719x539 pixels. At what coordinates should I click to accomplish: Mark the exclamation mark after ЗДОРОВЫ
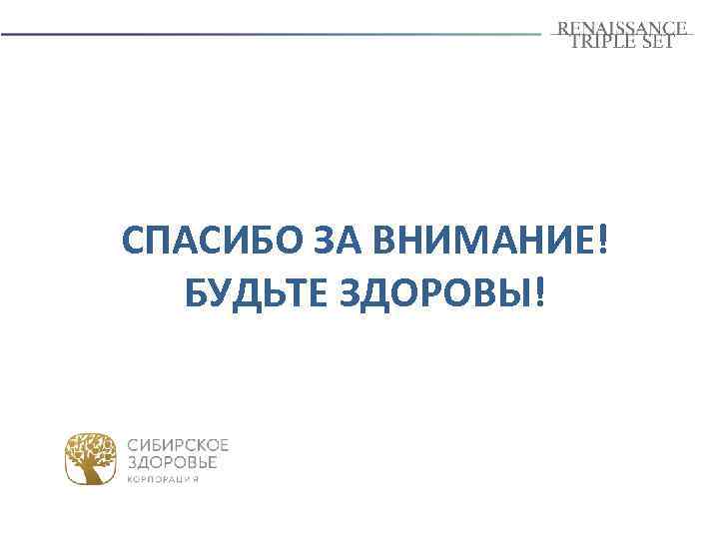point(541,292)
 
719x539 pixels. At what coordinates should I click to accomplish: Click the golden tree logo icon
point(92,458)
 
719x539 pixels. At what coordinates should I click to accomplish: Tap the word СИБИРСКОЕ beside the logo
point(179,444)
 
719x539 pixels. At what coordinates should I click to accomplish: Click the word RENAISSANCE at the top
point(622,27)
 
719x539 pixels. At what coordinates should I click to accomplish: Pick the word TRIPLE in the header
point(605,42)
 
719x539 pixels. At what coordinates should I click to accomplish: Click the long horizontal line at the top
point(270,34)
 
